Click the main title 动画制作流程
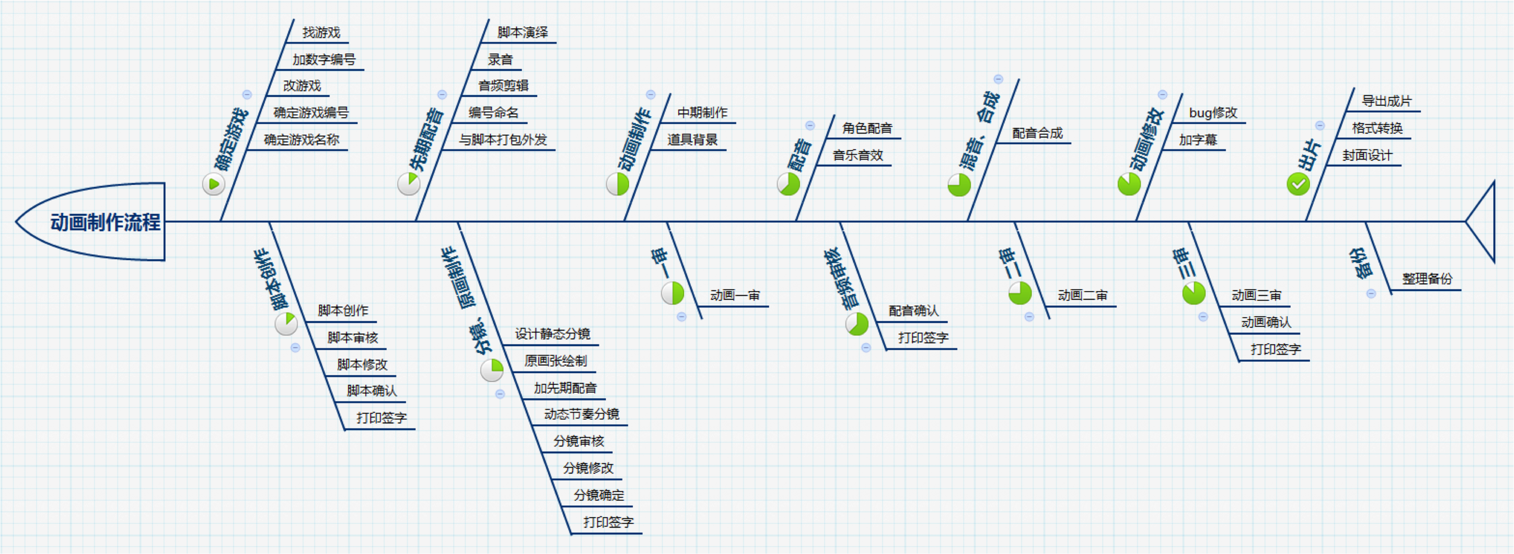[105, 222]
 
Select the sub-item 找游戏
[321, 32]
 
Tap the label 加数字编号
[324, 59]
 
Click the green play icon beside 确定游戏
[213, 184]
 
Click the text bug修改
[1213, 112]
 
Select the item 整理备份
[1426, 279]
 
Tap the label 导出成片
[1386, 101]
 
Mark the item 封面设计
[1367, 155]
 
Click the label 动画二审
[1082, 295]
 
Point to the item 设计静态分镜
[553, 334]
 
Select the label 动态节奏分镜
[581, 414]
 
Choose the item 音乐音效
[858, 155]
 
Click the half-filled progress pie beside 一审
[672, 293]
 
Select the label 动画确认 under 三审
[1266, 322]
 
